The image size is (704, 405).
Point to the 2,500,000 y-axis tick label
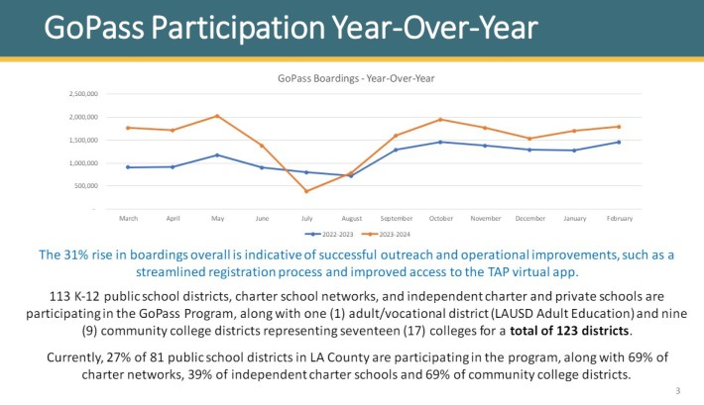[x=82, y=94]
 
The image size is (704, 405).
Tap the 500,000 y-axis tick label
[x=85, y=186]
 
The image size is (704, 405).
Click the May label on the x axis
[x=216, y=218]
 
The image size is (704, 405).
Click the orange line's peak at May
[x=217, y=116]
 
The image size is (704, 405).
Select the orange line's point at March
[x=128, y=128]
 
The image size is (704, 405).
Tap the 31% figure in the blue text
[x=77, y=254]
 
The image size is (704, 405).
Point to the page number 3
[x=678, y=391]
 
